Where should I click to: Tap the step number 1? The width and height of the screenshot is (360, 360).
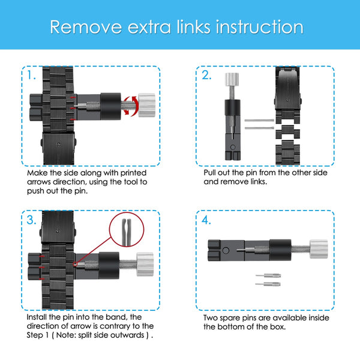coord(31,76)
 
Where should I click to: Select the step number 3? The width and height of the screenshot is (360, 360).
coord(32,220)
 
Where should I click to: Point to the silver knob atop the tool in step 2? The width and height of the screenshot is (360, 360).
coord(232,80)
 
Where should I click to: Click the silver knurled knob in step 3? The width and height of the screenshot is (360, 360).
coord(144,263)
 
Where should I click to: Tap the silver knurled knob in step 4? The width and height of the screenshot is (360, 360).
coord(318,247)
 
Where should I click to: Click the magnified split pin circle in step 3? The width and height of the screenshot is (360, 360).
coord(127,235)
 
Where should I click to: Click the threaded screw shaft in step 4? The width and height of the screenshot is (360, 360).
coord(297,247)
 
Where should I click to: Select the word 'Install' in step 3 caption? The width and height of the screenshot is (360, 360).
coord(40,317)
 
